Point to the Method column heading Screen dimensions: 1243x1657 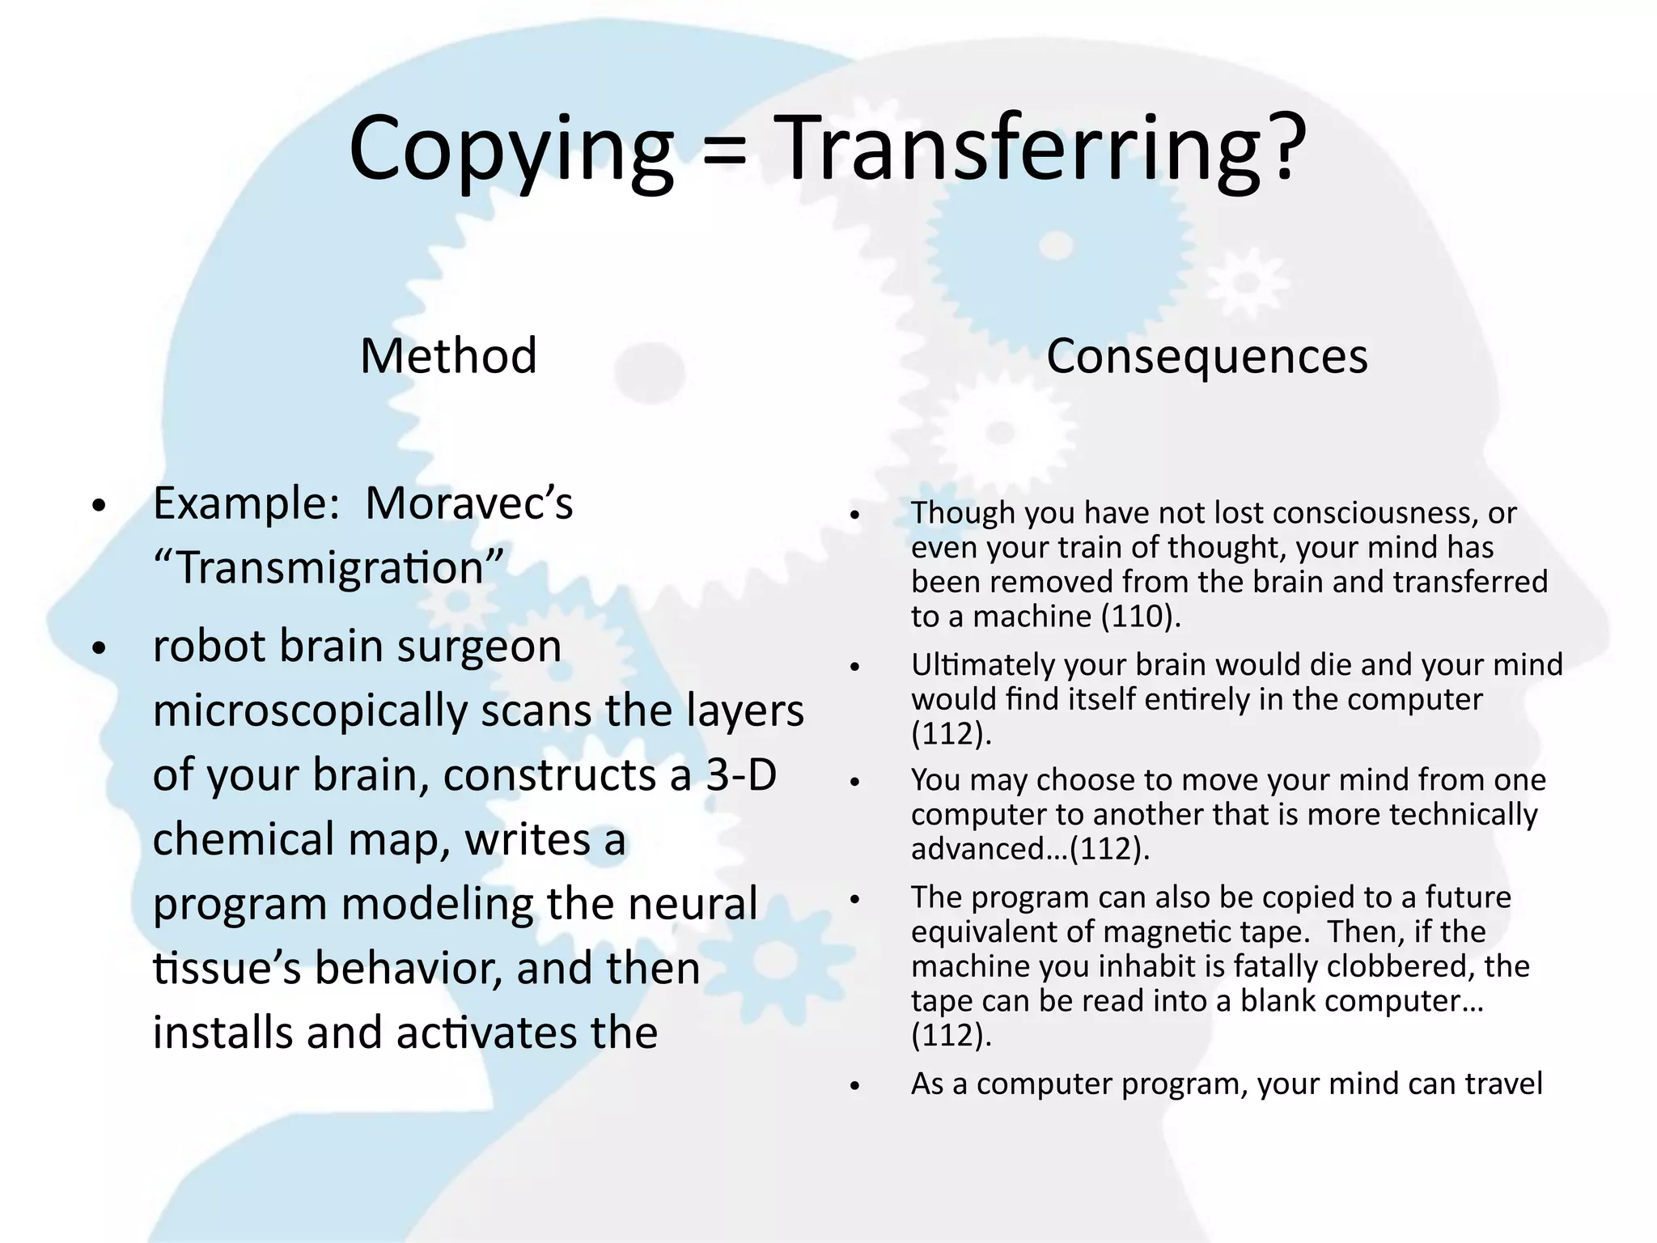(448, 355)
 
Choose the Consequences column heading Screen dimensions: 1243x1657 (1206, 356)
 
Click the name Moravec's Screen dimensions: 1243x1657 (468, 503)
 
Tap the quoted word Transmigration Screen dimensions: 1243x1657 (328, 567)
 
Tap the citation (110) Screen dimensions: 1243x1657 (1141, 617)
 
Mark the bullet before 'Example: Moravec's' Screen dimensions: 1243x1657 (99, 506)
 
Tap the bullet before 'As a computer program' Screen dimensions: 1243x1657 (854, 1086)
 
